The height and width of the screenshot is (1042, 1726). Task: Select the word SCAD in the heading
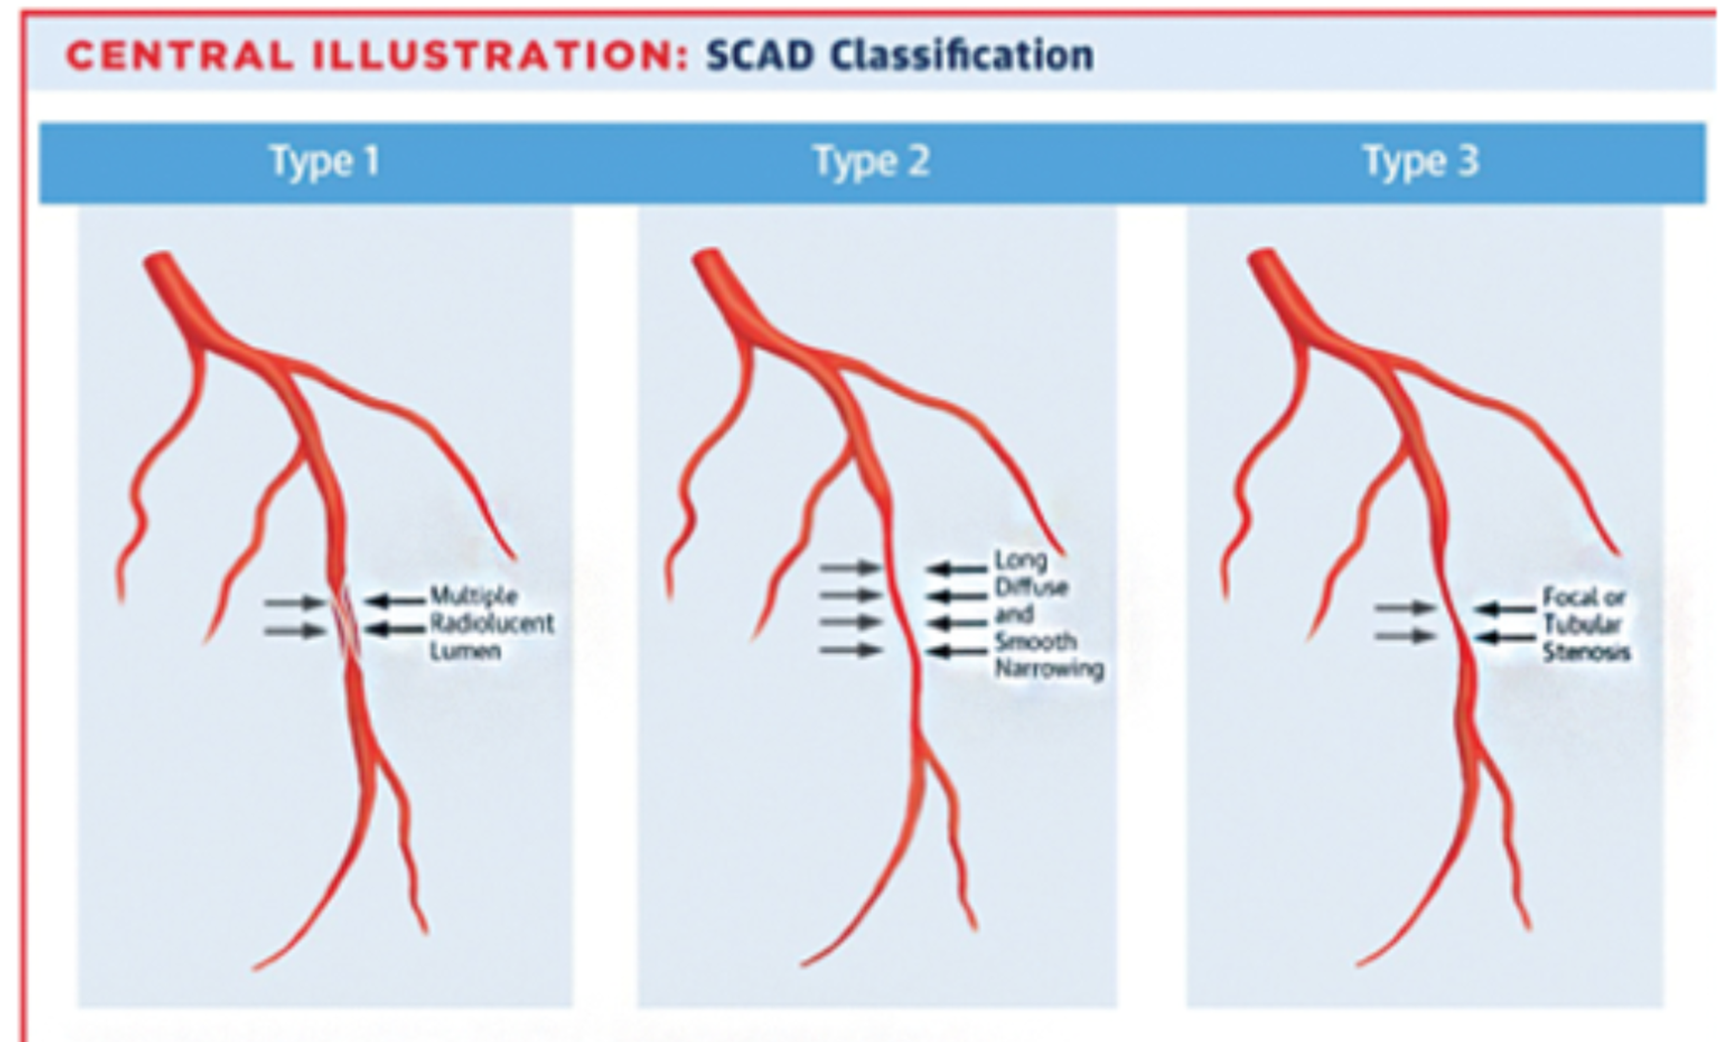coord(759,55)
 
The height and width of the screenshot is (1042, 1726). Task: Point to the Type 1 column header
coord(324,162)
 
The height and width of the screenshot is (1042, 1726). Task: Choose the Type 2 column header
coord(872,162)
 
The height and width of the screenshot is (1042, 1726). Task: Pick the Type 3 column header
coord(1420,162)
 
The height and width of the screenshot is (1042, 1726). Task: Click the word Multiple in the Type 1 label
coord(473,596)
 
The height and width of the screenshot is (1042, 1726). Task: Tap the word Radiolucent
coord(491,623)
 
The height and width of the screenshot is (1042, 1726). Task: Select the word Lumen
coord(465,651)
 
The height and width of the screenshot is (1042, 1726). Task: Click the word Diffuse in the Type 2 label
coord(1031,587)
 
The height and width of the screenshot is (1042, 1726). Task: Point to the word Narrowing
coord(1049,669)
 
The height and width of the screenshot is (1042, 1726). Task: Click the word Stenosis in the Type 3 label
coord(1586,653)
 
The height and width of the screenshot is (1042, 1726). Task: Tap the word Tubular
coord(1582,625)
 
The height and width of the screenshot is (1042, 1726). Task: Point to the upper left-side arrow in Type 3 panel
coord(1404,608)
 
